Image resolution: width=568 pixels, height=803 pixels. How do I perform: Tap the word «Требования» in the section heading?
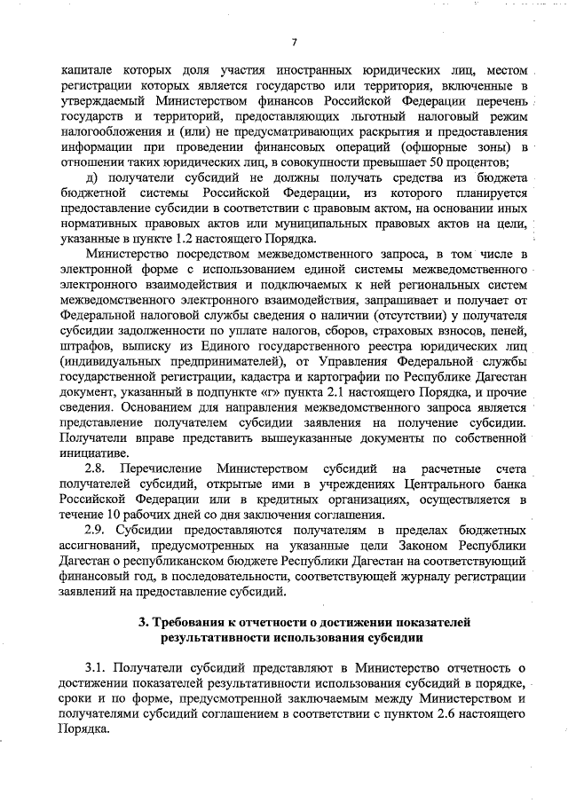[190, 623]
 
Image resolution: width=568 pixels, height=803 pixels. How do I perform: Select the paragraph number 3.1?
[95, 668]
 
